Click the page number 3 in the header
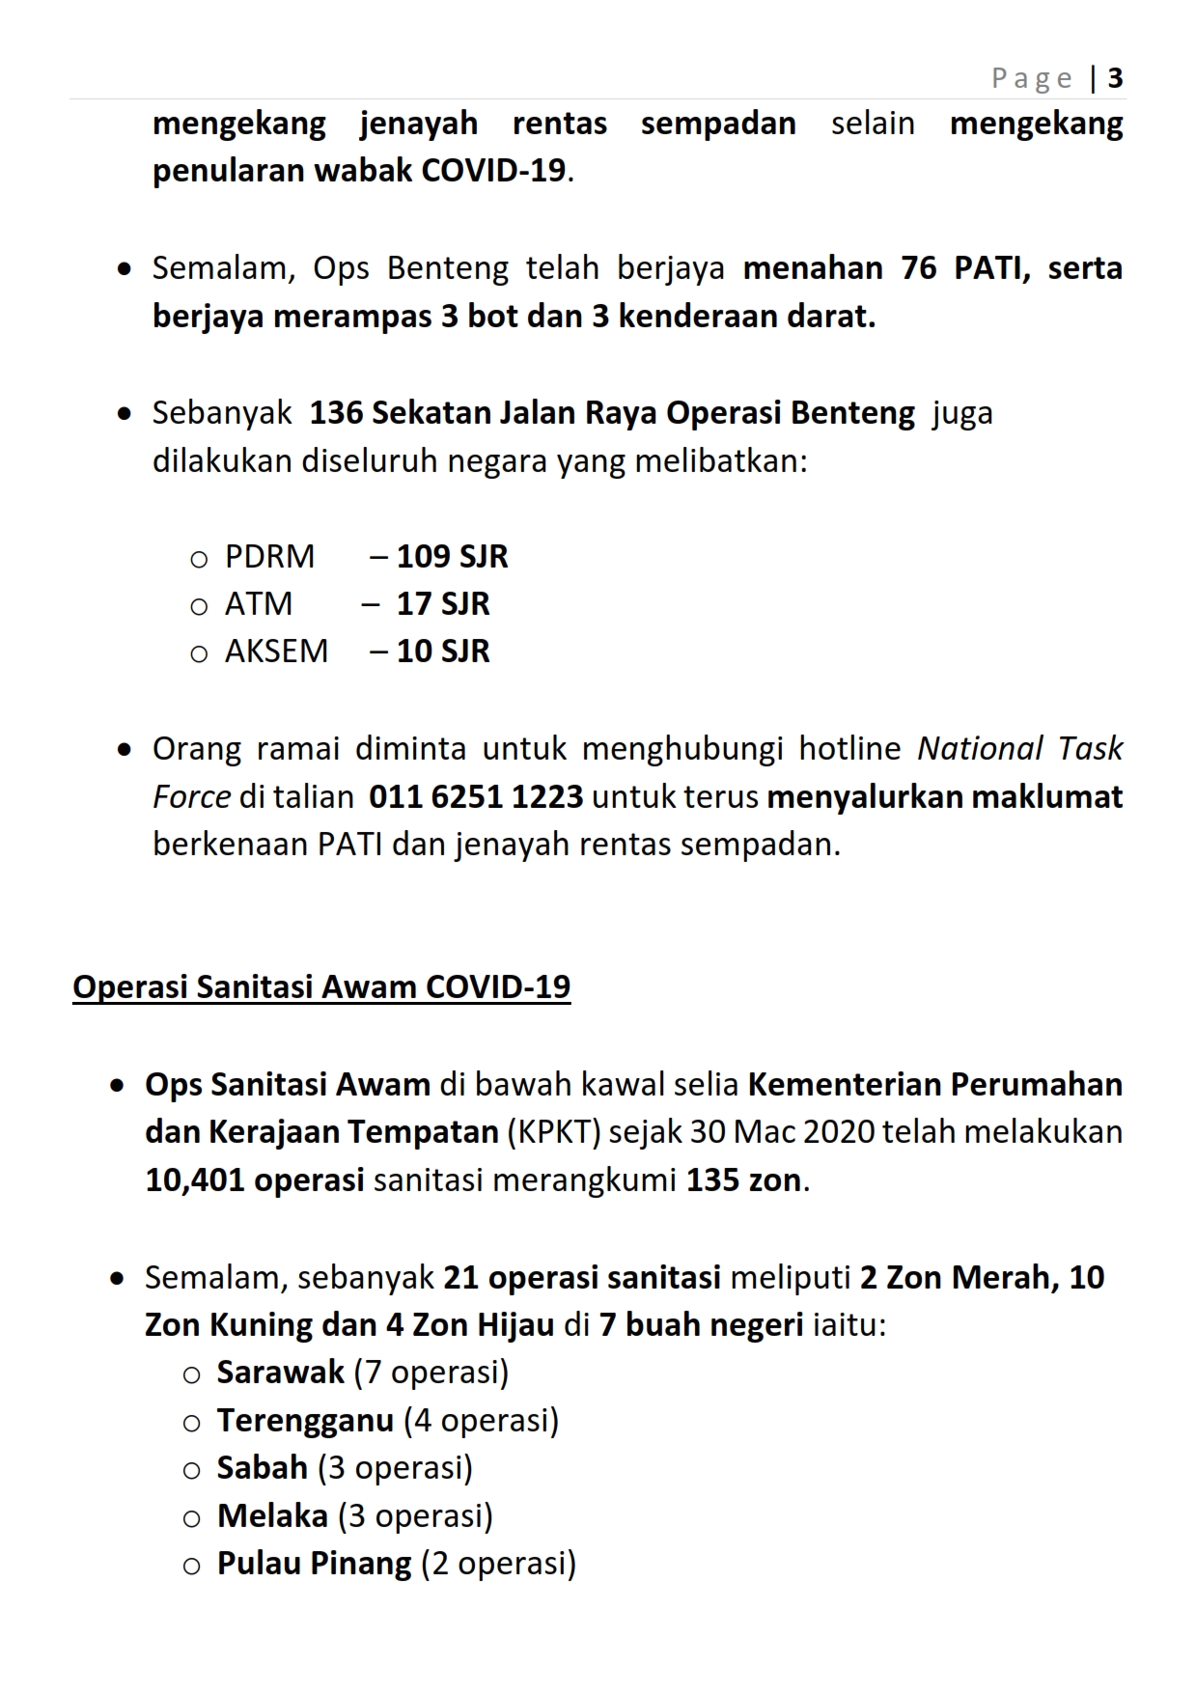[1115, 78]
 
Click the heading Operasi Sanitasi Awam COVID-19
[321, 987]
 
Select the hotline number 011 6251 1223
[476, 797]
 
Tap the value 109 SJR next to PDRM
[452, 557]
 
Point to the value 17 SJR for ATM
[443, 604]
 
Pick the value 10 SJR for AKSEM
[443, 652]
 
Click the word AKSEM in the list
[276, 652]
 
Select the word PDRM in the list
[269, 557]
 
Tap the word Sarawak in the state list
[280, 1373]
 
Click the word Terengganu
[305, 1421]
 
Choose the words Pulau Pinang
[314, 1564]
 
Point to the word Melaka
[272, 1516]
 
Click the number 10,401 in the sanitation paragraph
[195, 1180]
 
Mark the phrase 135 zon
[743, 1180]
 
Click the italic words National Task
[1019, 749]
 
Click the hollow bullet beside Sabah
[191, 1470]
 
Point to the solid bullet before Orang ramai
[124, 750]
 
